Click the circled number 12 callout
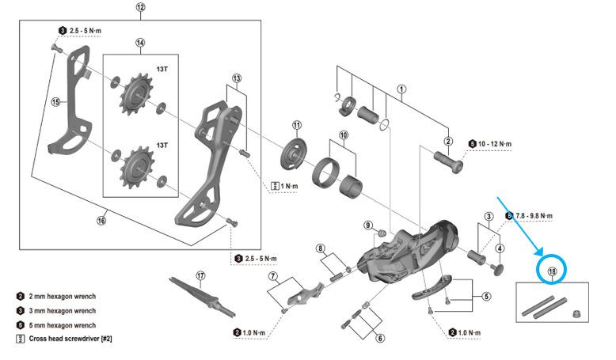(x=140, y=7)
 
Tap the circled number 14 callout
(x=140, y=44)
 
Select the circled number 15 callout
(x=55, y=101)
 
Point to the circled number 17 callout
(x=200, y=276)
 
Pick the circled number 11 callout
(x=297, y=125)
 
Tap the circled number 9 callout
(x=368, y=225)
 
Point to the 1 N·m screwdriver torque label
(x=286, y=186)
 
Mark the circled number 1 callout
(x=401, y=89)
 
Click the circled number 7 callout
(x=272, y=277)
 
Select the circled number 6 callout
(x=381, y=338)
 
